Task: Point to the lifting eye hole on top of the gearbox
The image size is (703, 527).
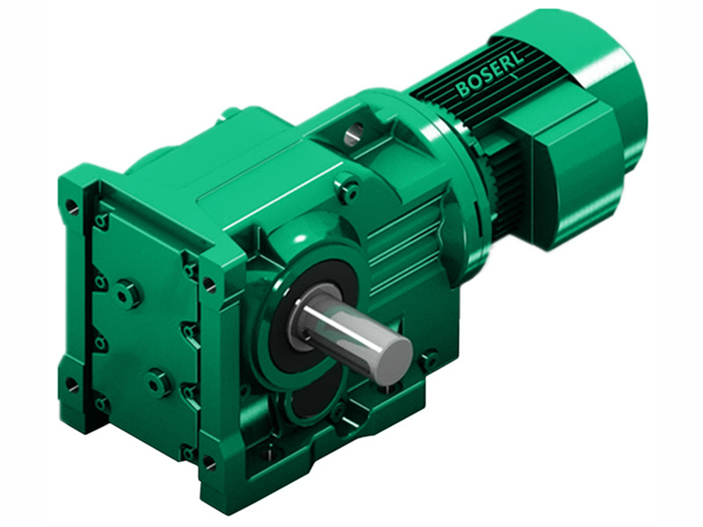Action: click(x=353, y=134)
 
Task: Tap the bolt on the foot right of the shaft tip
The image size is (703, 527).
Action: click(x=429, y=359)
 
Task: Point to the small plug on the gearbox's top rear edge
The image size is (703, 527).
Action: click(x=230, y=112)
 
